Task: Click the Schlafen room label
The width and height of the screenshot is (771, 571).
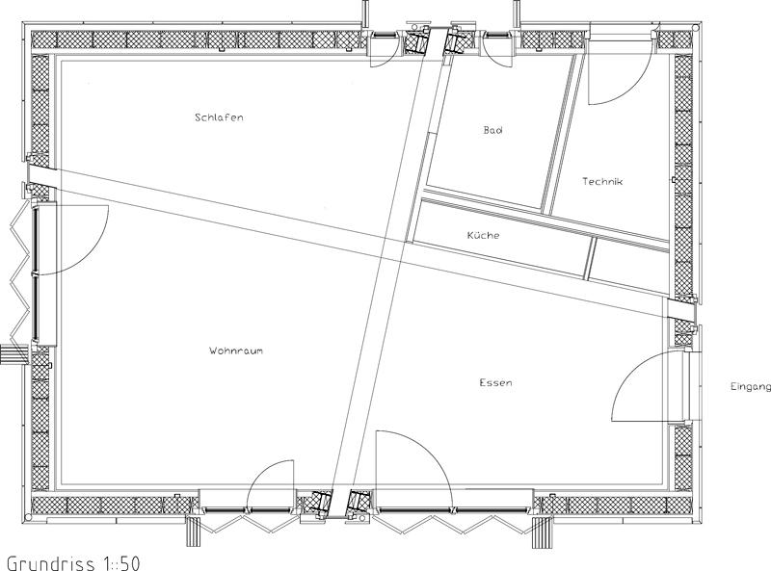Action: pos(219,117)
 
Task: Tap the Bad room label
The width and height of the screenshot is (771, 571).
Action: pos(492,130)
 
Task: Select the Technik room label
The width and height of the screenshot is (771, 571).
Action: pos(602,181)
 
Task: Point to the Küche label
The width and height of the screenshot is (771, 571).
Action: pos(484,235)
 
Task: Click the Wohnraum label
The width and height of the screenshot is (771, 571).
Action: pos(236,350)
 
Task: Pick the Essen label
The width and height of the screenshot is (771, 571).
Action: pos(495,382)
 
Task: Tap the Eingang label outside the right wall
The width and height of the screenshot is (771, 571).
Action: pos(751,387)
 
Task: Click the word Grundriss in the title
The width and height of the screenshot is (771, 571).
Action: pos(51,563)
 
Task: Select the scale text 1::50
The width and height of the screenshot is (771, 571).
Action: pos(121,563)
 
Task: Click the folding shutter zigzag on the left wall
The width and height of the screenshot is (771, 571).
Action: pos(19,275)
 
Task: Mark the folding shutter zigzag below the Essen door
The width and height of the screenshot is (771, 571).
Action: pos(452,524)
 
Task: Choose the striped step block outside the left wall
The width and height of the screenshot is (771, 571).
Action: pos(13,354)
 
